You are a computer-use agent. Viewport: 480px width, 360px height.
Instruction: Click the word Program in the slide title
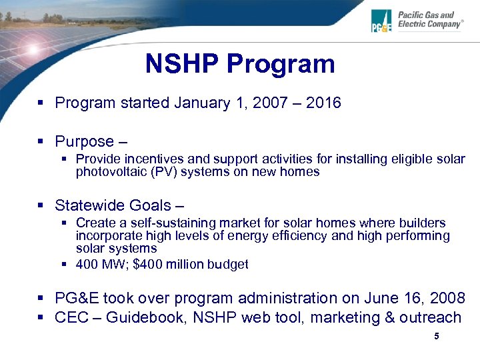pos(281,64)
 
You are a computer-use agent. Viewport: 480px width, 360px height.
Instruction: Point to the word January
pos(200,103)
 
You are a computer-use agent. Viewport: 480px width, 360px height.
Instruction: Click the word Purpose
pos(84,141)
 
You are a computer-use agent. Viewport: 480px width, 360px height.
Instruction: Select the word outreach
pos(431,317)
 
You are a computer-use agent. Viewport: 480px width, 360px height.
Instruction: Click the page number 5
pos(437,337)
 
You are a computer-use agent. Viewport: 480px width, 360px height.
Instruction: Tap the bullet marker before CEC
pos(41,317)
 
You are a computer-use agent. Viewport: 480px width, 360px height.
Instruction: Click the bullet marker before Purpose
pos(41,141)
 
